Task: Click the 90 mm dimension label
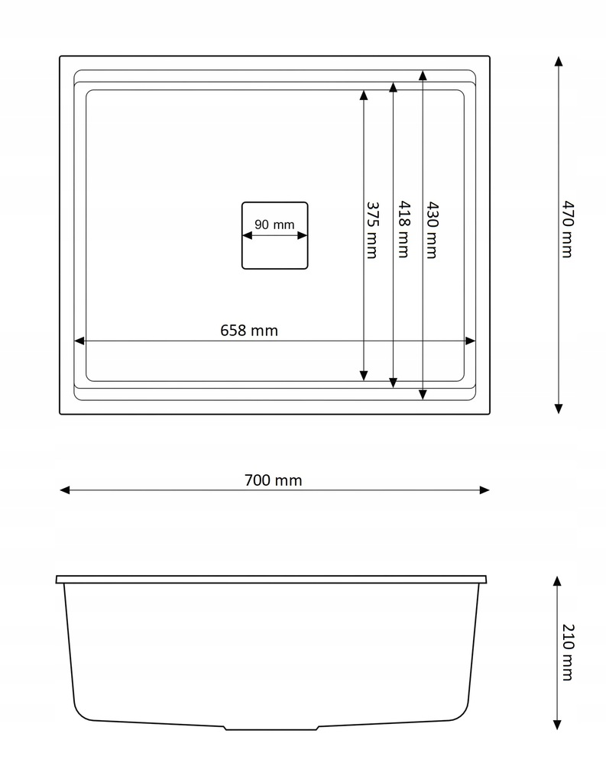(x=274, y=225)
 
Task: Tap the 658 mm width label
(x=249, y=330)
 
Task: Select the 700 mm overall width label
(x=273, y=480)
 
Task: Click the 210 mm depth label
(x=568, y=652)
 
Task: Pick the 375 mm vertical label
(x=372, y=230)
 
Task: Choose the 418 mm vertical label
(x=403, y=229)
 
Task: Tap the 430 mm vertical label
(x=432, y=230)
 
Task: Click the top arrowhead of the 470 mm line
(x=559, y=61)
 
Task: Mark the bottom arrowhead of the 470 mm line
(x=559, y=409)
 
